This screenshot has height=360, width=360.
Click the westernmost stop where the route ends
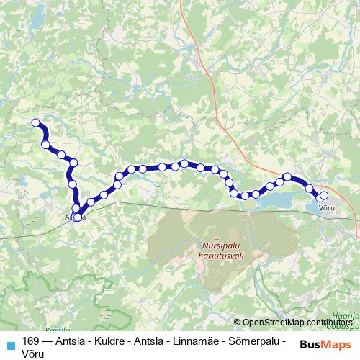pos(35,122)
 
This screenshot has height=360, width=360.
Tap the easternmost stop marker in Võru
pos(323,195)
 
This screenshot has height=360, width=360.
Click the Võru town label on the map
pos(327,207)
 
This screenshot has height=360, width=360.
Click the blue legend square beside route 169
pos(10,343)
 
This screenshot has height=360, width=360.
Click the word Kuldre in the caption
pos(107,341)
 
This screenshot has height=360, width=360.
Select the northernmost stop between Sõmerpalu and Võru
pos(287,176)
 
